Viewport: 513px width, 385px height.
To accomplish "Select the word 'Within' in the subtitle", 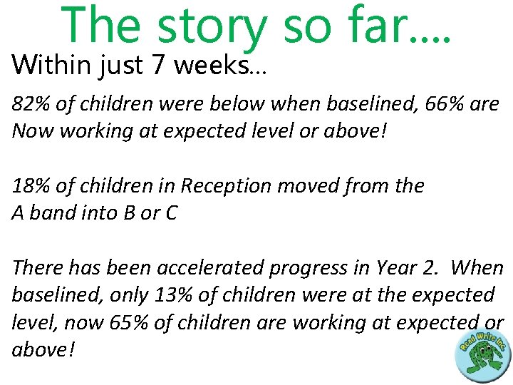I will click(45, 66).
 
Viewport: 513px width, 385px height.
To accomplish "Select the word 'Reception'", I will click(224, 186).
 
